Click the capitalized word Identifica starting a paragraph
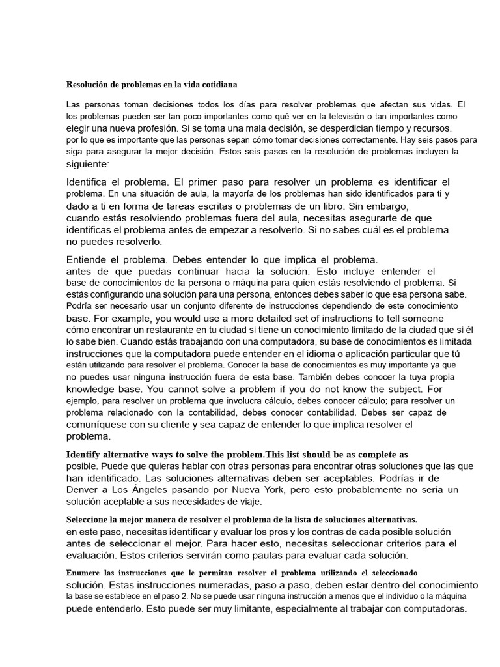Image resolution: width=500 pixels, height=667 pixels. click(x=94, y=182)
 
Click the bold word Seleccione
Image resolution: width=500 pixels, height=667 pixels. click(x=90, y=519)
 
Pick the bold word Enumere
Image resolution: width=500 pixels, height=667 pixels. click(x=85, y=573)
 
